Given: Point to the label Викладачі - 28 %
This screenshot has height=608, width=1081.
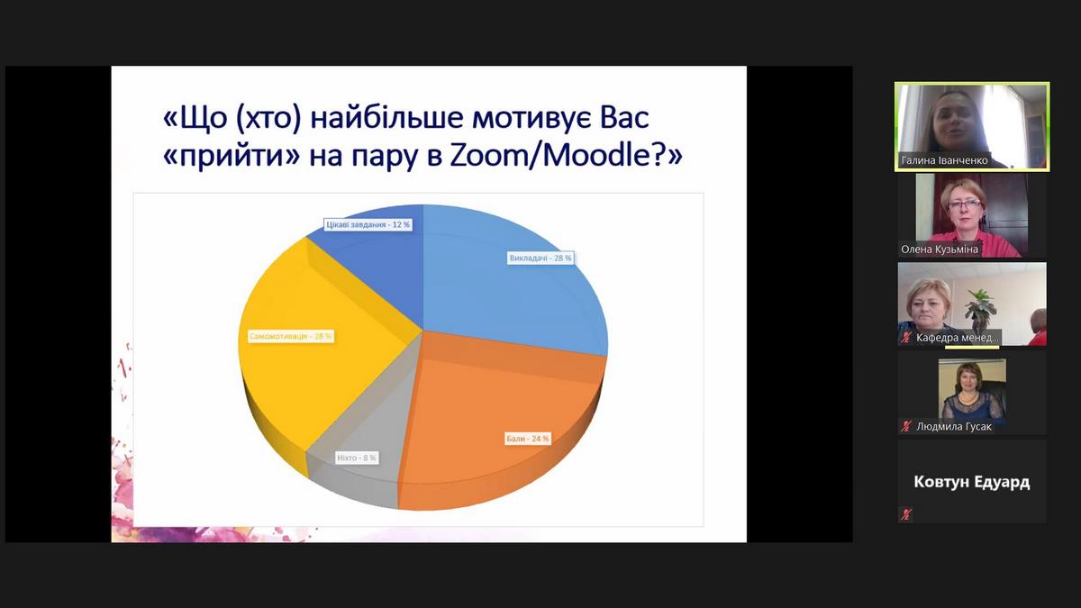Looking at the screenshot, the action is pyautogui.click(x=540, y=259).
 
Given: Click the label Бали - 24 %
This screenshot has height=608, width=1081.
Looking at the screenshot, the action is pyautogui.click(x=528, y=439).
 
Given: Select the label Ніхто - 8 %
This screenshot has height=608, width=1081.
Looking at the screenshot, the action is pyautogui.click(x=357, y=458).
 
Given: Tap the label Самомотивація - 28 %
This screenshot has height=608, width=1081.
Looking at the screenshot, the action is pyautogui.click(x=291, y=336).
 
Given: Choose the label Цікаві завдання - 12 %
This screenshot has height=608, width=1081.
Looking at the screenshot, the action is pyautogui.click(x=368, y=224).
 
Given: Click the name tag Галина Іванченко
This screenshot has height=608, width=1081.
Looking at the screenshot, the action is pyautogui.click(x=944, y=160).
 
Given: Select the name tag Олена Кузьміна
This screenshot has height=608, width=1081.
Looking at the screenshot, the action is pyautogui.click(x=940, y=249).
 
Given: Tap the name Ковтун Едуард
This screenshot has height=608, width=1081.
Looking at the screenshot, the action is pyautogui.click(x=972, y=482).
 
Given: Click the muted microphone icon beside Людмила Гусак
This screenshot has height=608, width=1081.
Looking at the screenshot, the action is pyautogui.click(x=906, y=426).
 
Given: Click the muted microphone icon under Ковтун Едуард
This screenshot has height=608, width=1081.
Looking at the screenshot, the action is pyautogui.click(x=906, y=514).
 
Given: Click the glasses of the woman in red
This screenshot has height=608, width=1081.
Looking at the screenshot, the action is pyautogui.click(x=964, y=204).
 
